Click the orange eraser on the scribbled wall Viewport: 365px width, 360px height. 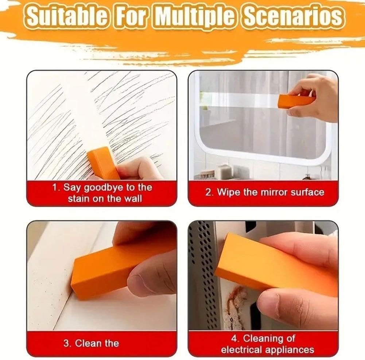tap(103, 163)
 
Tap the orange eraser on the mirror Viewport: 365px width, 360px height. tap(296, 101)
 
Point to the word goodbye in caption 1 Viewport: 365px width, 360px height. tap(103, 188)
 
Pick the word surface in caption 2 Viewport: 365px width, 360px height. tap(307, 192)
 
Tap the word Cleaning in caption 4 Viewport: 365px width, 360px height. tap(261, 338)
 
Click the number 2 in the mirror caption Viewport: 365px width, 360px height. tap(207, 193)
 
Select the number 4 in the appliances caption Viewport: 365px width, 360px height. tap(234, 338)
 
